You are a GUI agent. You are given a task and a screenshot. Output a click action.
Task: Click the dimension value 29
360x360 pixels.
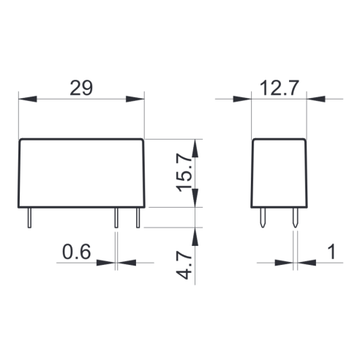coord(81,88)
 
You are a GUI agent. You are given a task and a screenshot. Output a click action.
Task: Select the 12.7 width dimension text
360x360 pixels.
coord(280,88)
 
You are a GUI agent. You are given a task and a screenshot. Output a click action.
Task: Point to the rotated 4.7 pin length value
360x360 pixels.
coord(184,265)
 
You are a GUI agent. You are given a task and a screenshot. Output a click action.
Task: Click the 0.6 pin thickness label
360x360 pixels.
coord(77,252)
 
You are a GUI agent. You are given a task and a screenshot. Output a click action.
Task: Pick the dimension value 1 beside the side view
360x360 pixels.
coord(332,252)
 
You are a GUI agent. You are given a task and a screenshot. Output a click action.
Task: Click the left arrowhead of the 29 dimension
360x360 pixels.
coord(28,99)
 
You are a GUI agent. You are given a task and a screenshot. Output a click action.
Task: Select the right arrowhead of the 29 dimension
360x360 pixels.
coord(135,99)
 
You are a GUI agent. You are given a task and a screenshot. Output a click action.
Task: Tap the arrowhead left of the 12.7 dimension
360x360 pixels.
coord(242,99)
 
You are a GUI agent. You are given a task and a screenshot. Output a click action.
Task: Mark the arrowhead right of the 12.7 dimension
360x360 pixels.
coord(316,99)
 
